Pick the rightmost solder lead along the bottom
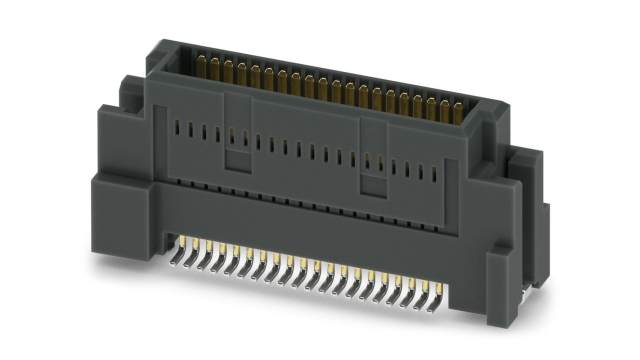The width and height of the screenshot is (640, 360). (x=441, y=292)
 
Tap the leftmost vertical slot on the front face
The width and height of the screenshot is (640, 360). (x=177, y=129)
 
